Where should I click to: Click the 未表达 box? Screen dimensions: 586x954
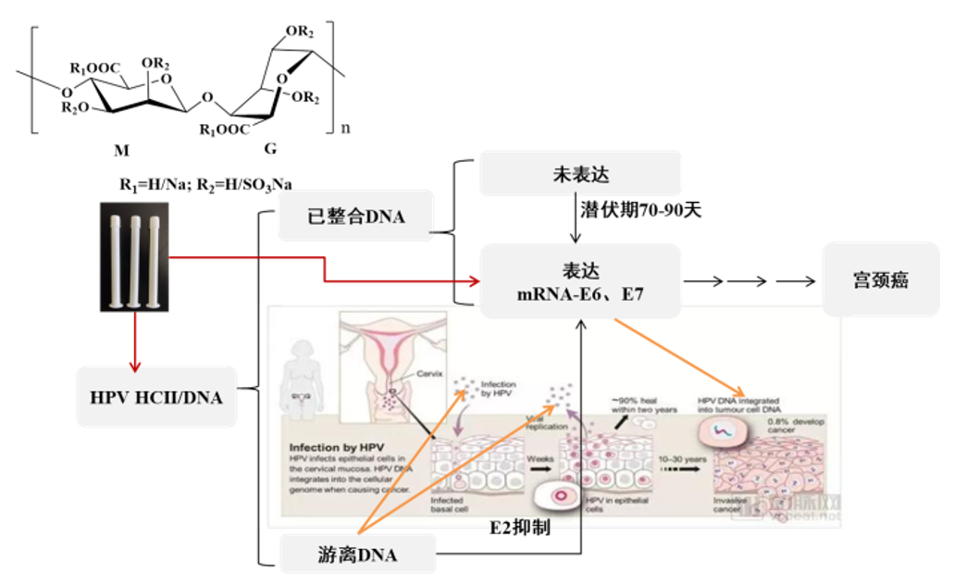[580, 173]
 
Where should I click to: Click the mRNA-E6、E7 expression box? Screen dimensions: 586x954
[580, 279]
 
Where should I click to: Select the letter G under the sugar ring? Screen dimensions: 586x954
[270, 147]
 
